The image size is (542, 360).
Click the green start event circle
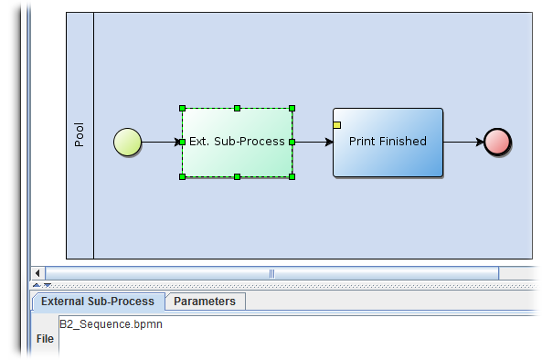coord(128,143)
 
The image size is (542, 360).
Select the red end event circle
coord(497,143)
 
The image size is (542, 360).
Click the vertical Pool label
coord(80,135)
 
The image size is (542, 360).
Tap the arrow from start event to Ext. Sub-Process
coord(162,143)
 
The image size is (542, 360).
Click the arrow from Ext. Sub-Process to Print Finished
coord(313,143)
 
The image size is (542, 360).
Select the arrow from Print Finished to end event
coord(463,143)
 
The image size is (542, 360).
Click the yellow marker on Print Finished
coord(337,125)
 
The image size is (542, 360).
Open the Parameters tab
coord(205,302)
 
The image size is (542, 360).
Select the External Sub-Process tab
coord(99,302)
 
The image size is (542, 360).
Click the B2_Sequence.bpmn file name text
coord(111,324)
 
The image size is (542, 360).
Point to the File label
coord(44,339)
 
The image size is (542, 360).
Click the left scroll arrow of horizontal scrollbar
coord(37,273)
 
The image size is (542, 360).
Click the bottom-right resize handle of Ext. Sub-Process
coord(292,176)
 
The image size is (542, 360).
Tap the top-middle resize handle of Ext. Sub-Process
coord(237,109)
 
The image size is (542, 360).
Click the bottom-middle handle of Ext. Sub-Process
coord(237,176)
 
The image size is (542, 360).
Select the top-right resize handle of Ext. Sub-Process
coord(292,109)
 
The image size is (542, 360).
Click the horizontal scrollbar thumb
coord(271,273)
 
